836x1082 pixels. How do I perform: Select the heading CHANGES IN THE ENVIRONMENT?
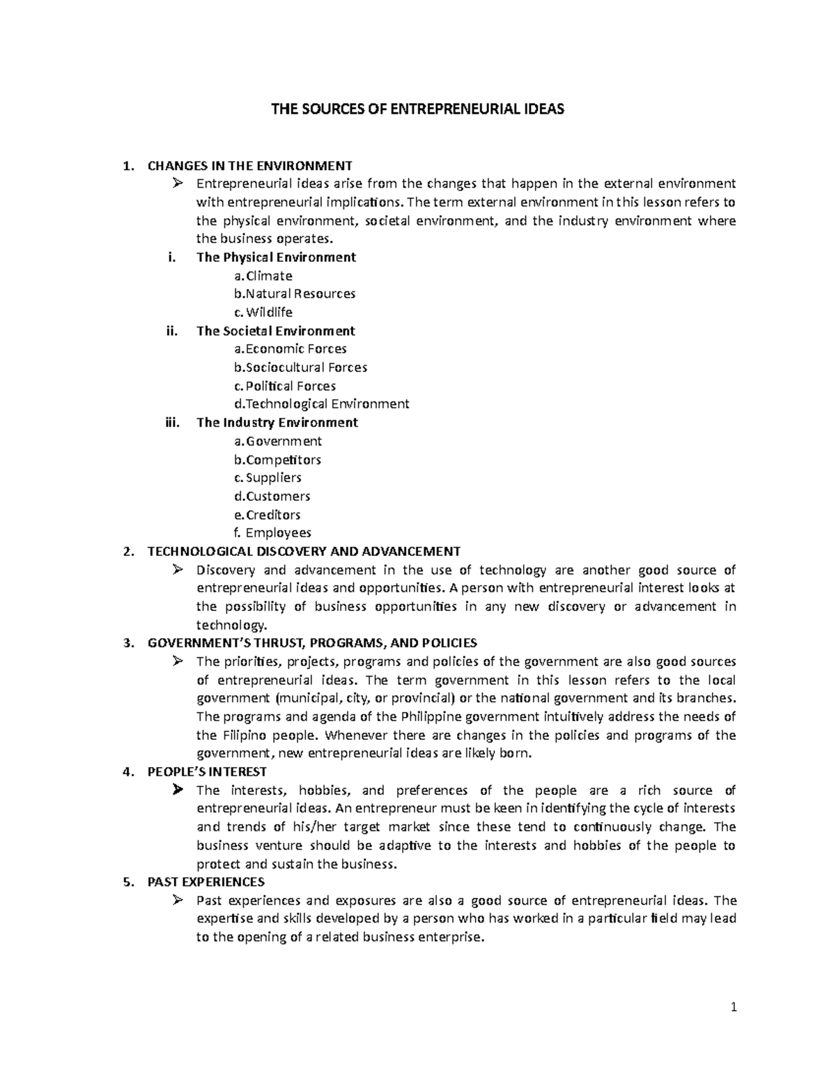coord(250,166)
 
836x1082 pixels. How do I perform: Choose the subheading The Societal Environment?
coord(276,331)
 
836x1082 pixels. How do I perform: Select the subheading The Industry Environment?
coord(277,422)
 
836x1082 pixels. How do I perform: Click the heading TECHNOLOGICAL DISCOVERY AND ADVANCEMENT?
coord(304,552)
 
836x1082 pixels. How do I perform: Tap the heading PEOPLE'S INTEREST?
coord(207,772)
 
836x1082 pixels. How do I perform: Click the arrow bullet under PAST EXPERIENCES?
coord(178,900)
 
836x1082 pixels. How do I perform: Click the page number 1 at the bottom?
coord(734,1007)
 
